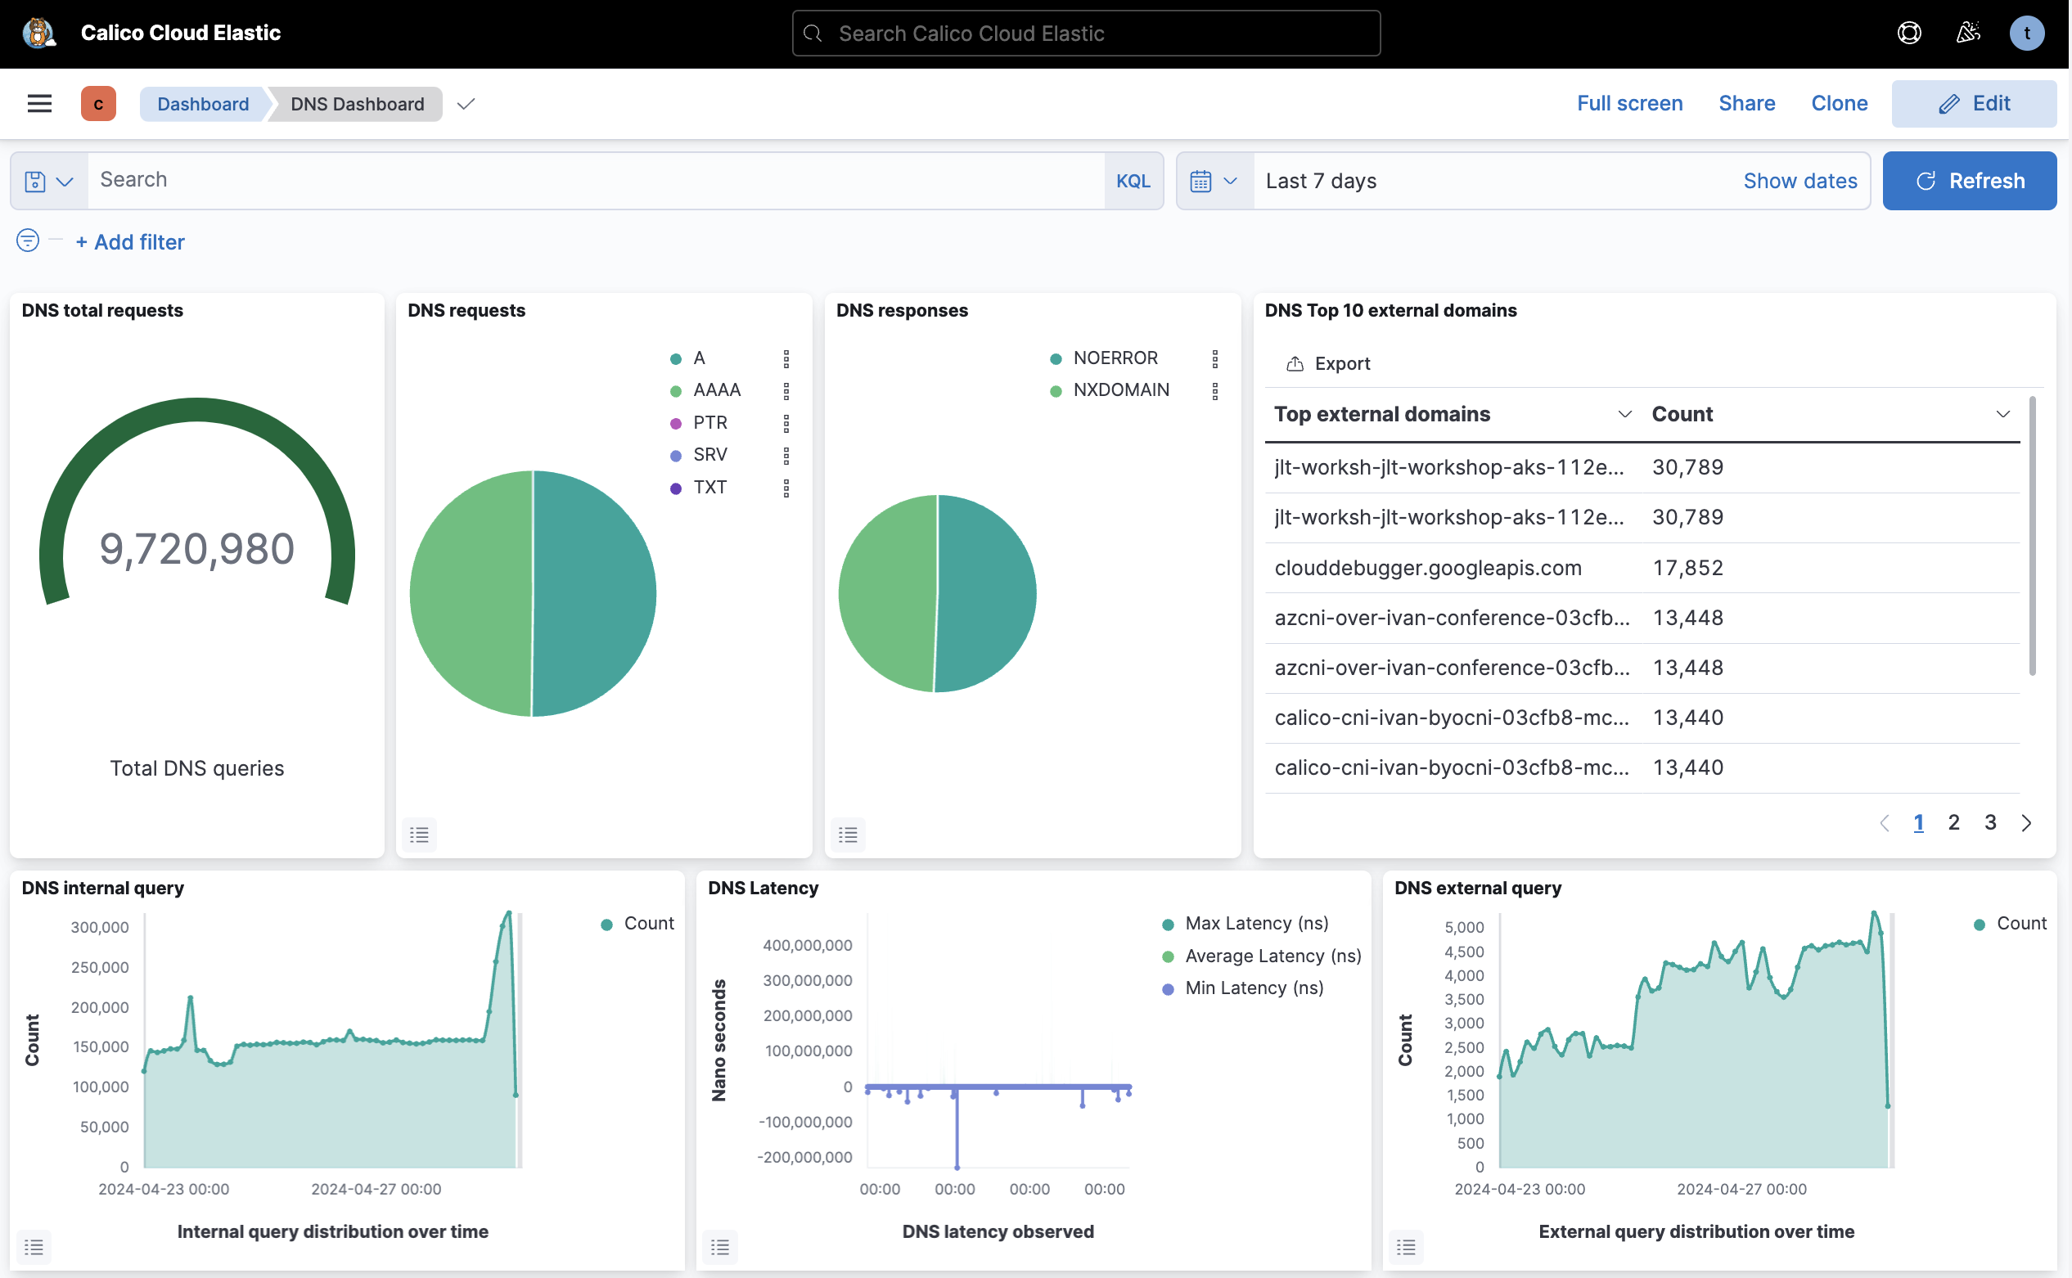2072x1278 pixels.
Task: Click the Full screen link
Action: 1629,103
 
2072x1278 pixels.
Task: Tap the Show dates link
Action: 1799,181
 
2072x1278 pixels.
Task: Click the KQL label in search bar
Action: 1133,181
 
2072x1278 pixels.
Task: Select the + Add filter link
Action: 130,242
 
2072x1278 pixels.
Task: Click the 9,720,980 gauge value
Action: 197,549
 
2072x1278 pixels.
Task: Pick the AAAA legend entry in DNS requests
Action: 716,390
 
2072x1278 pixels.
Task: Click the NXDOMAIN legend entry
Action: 1120,390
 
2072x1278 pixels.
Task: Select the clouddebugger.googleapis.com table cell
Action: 1427,568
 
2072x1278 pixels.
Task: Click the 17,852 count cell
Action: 1687,568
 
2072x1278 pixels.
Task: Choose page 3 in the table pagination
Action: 1990,822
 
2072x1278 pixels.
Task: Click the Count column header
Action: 1682,414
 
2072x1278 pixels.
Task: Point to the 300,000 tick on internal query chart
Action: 100,927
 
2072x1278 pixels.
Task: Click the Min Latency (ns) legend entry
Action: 1254,988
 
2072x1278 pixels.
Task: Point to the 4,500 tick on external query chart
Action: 1464,952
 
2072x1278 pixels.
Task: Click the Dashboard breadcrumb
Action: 203,104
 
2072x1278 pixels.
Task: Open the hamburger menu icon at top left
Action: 40,103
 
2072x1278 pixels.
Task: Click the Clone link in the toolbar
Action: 1839,103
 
